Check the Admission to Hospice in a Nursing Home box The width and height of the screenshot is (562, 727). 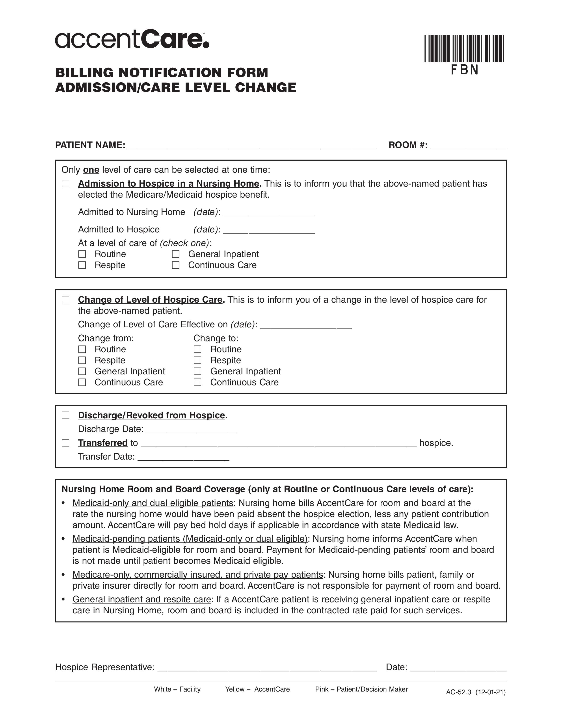point(66,184)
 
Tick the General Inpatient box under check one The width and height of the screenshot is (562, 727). point(176,254)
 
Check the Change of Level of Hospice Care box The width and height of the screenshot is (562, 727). point(66,300)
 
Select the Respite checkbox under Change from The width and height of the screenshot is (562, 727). point(82,360)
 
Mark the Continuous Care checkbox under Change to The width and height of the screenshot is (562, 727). point(198,382)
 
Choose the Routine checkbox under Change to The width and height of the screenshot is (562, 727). point(198,350)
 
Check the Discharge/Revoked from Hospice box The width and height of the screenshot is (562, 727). point(66,415)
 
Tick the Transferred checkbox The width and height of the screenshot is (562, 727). point(66,443)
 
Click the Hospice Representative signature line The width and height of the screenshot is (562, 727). point(266,668)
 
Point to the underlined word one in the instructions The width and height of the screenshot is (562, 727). point(91,170)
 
